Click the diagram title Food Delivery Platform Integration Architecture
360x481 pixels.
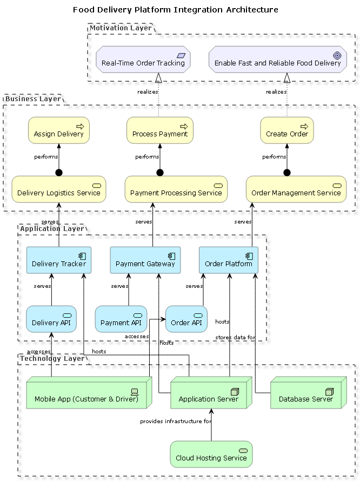[x=176, y=10]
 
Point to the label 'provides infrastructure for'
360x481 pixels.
[x=176, y=421]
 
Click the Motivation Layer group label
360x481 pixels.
[x=121, y=28]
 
